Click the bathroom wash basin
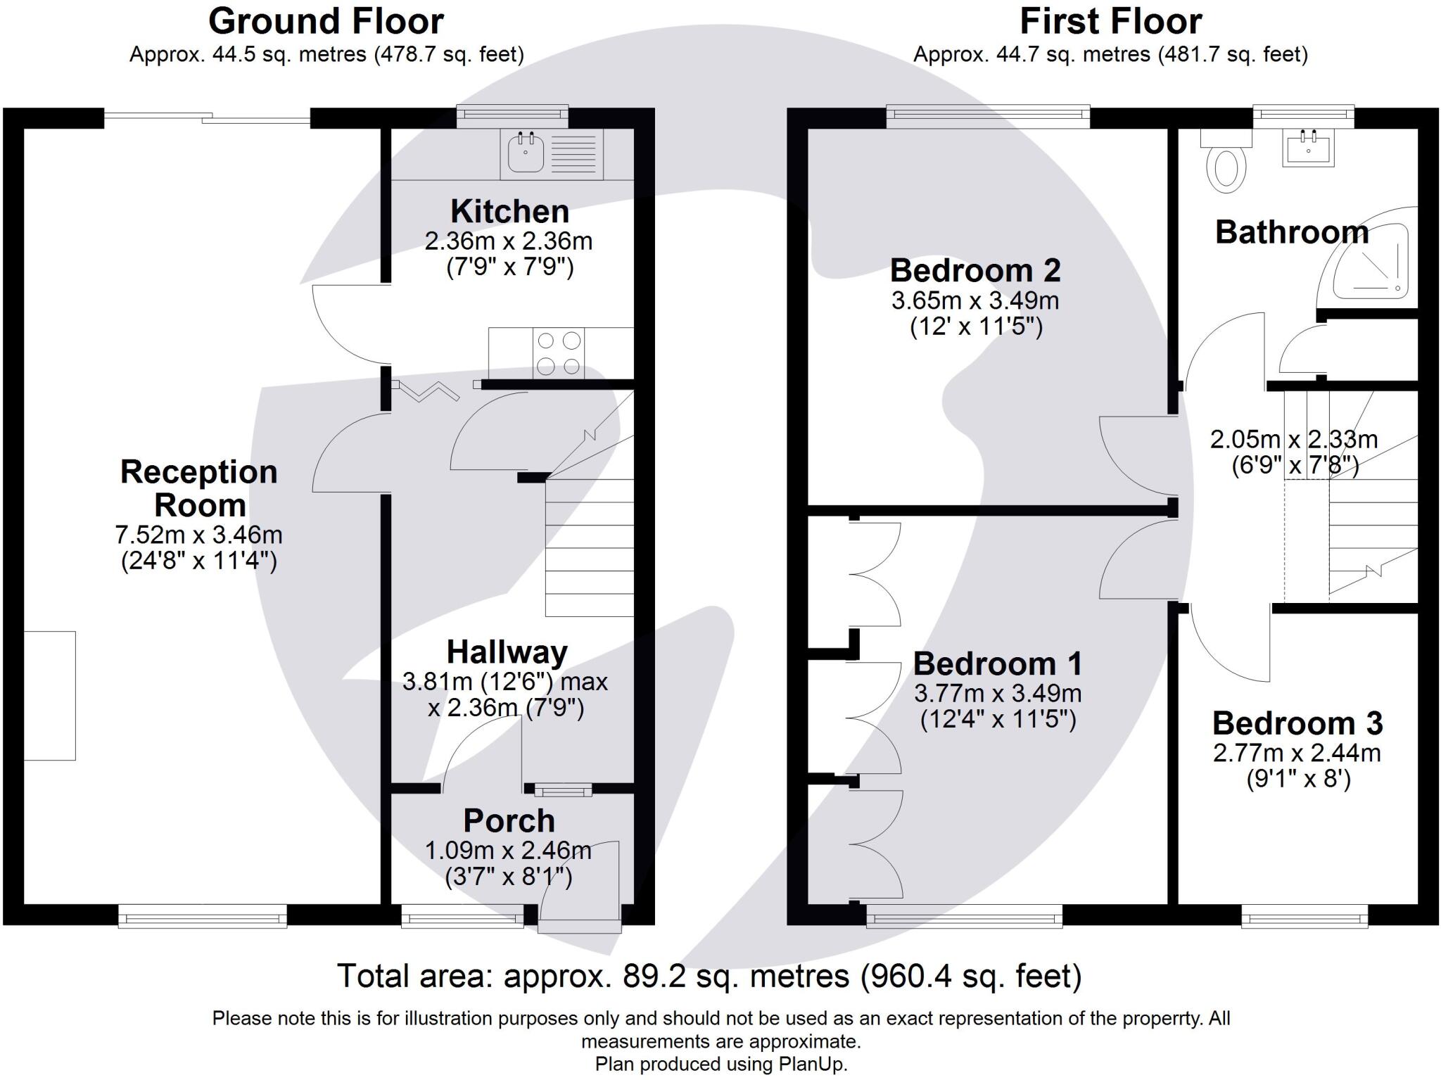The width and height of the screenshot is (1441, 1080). point(1308,148)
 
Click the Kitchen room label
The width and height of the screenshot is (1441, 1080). point(509,211)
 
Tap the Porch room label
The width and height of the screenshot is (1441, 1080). point(509,821)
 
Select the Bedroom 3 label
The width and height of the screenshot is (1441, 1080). point(1297,723)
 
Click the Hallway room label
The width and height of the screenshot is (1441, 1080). point(507,652)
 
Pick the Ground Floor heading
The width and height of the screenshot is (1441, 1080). point(326,21)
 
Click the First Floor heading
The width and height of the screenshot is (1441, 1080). point(1110,21)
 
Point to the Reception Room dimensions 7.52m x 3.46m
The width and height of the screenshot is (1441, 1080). point(198,535)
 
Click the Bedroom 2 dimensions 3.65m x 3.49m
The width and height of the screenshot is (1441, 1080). point(975,300)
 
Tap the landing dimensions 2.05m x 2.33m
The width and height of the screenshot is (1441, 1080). point(1293,440)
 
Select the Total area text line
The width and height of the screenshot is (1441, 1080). point(709,977)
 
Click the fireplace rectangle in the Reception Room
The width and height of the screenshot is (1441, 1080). point(49,696)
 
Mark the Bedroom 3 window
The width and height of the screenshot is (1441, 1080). point(1304,916)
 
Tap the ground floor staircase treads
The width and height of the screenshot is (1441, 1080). point(590,547)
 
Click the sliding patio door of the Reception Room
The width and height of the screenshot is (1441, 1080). point(207,118)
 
